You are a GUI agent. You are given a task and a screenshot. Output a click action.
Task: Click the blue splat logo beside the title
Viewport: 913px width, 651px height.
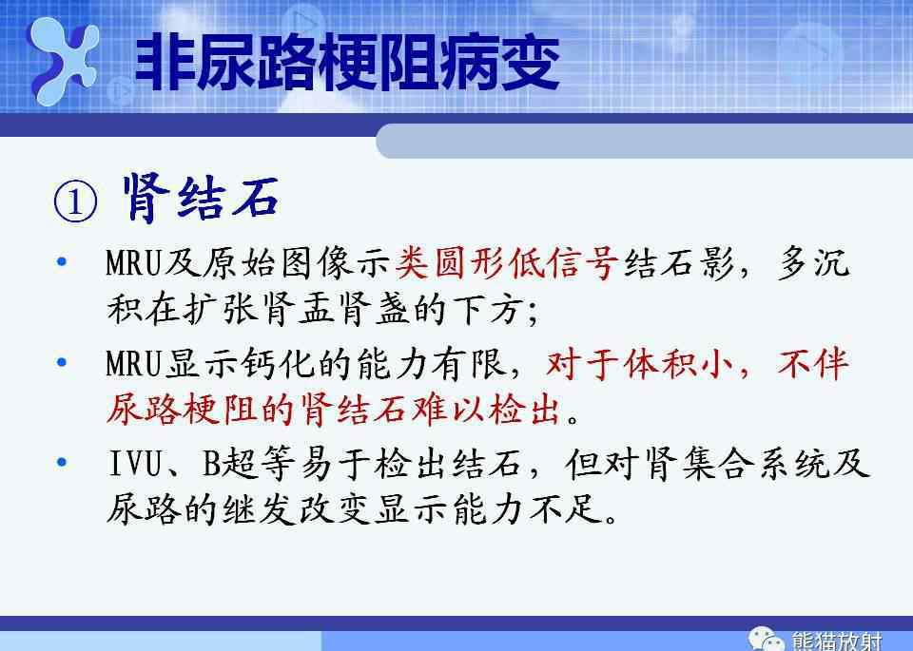click(63, 60)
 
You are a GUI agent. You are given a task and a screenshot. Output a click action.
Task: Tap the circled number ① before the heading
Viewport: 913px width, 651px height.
click(76, 201)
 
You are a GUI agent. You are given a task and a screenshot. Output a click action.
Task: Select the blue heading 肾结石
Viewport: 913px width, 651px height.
click(201, 198)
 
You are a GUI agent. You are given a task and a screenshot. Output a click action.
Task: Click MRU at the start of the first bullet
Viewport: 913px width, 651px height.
click(133, 263)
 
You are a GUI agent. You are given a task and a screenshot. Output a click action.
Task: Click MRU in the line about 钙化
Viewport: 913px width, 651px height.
click(133, 364)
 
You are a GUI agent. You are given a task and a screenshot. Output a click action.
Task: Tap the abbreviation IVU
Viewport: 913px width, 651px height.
click(135, 464)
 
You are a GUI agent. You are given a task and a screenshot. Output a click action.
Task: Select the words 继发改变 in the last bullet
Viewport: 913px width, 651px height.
click(297, 509)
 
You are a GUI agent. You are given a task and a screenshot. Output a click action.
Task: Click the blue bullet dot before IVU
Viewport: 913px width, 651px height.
click(62, 463)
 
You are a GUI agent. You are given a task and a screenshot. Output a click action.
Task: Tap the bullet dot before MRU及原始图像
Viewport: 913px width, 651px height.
click(62, 261)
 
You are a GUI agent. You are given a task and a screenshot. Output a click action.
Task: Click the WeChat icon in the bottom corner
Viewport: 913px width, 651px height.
click(767, 640)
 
